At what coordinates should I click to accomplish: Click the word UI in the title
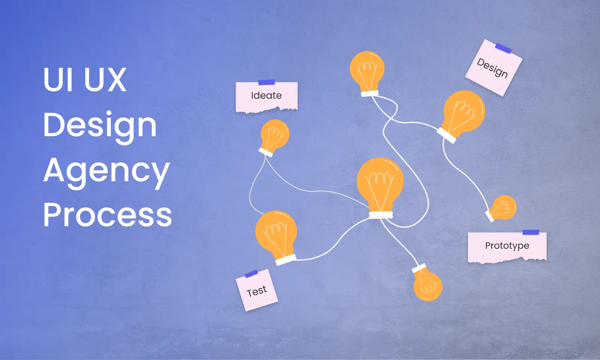58,79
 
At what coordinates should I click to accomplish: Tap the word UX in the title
105,79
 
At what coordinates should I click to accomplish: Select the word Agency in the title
106,171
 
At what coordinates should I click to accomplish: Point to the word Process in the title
108,215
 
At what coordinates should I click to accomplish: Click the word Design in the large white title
100,126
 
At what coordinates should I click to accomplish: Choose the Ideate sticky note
266,97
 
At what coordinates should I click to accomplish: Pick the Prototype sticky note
507,247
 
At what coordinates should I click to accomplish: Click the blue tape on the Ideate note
267,82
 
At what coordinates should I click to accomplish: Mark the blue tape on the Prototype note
531,232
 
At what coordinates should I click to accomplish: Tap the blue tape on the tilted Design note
503,48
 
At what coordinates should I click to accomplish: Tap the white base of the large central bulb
381,215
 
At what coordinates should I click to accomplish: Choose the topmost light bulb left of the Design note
367,69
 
